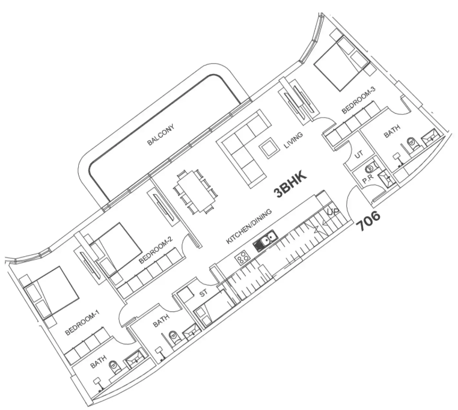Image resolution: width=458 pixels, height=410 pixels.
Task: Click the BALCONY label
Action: pos(160,135)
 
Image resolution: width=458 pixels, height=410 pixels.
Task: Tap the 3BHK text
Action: pos(290,185)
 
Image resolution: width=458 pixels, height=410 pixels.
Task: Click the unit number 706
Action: pos(368,221)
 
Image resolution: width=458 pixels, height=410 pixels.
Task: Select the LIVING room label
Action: pos(293,140)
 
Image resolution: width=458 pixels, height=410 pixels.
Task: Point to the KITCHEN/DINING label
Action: pos(249,227)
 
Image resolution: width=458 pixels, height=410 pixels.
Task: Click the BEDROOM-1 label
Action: pos(82,323)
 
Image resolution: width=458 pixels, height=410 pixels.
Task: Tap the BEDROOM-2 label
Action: pos(156,250)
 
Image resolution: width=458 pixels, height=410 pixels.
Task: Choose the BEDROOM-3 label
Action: pos(358,100)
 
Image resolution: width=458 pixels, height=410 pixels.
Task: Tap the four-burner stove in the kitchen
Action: pos(243,259)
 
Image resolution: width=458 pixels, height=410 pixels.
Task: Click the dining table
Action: pos(196,191)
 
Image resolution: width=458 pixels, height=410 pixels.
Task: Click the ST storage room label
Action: pos(203,293)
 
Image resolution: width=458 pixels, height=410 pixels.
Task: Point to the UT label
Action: pos(359,154)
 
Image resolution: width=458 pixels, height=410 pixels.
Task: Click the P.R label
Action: pos(368,179)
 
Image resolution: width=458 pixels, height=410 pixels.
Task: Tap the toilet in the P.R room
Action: pos(370,168)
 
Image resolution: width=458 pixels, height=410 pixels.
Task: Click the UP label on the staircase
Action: pos(333,212)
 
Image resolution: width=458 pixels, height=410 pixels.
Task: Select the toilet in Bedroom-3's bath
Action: pos(412,143)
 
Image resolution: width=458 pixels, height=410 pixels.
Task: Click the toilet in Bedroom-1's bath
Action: pos(114,367)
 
